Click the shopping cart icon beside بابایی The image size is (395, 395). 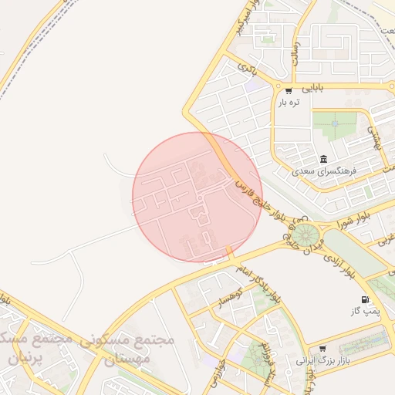(x=289, y=90)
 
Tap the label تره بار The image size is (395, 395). (x=289, y=103)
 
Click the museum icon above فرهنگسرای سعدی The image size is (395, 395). (x=322, y=159)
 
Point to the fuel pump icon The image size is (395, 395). (x=364, y=299)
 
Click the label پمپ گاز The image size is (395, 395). (x=363, y=311)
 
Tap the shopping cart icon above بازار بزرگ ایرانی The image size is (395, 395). (x=322, y=349)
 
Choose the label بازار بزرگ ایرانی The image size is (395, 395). (x=323, y=360)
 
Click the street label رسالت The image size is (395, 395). (x=294, y=52)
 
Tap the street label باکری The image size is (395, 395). (x=248, y=67)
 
